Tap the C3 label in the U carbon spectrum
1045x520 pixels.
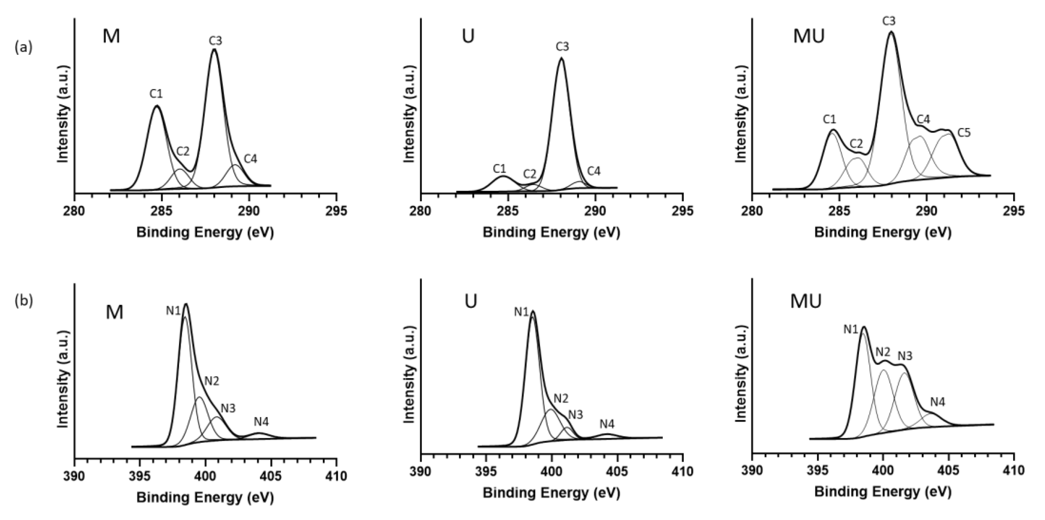(x=562, y=47)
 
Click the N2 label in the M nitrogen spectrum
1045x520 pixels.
(x=212, y=381)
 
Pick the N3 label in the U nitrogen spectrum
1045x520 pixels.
(x=575, y=414)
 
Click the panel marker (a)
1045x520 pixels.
(x=23, y=48)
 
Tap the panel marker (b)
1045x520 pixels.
(x=23, y=301)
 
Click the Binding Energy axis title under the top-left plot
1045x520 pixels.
(x=205, y=233)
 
